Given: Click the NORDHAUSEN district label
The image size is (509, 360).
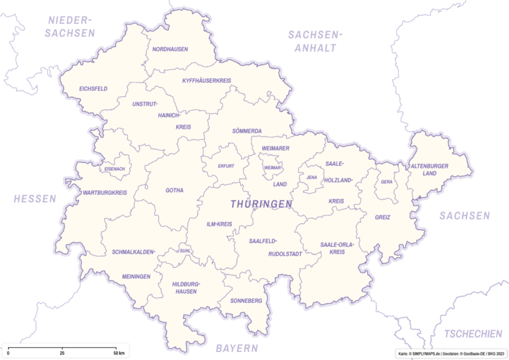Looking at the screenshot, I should pos(170,49).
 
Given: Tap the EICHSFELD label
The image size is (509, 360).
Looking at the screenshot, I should pos(93,88).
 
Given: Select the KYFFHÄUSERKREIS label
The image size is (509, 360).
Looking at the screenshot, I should pos(207,81).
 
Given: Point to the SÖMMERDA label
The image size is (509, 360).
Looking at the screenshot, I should pos(247,131).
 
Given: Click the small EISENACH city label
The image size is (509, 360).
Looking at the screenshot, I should pos(114,169).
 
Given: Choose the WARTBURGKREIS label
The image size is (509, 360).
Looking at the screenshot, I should pos(104,193).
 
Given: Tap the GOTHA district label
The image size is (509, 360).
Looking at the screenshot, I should pos(174,190).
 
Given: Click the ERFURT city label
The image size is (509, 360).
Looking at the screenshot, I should pos(226,166).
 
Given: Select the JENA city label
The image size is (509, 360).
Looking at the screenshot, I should pos(311,178).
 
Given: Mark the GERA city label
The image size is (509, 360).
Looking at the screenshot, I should pos(386,182).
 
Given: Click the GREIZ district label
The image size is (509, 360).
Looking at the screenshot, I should pos(382,217).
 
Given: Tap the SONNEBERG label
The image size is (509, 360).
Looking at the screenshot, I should pos(246,301).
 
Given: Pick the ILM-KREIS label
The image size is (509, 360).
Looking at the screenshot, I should pos(219,224).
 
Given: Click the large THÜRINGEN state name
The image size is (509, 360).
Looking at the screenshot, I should pos(262,204).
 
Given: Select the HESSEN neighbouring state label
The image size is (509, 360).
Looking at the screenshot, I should pos(35,199).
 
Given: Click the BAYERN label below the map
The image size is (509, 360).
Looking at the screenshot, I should pos(237,348).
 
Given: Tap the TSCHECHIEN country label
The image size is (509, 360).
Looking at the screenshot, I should pos(473,333).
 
